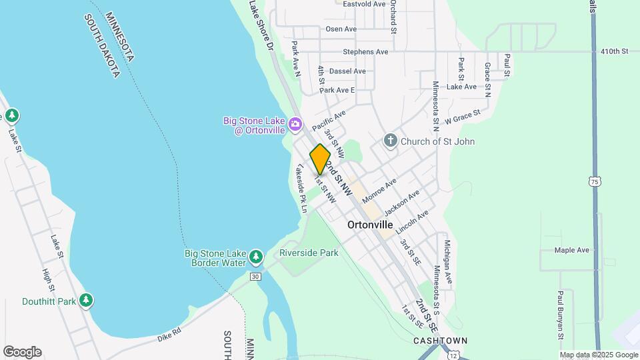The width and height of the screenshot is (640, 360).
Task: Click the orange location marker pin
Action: [320, 159]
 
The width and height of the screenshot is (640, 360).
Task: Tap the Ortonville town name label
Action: [370, 225]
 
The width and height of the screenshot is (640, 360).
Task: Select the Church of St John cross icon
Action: [391, 141]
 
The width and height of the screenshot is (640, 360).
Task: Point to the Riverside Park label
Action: [309, 253]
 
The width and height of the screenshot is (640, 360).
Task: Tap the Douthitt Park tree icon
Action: [85, 301]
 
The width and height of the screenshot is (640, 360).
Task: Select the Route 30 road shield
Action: [255, 276]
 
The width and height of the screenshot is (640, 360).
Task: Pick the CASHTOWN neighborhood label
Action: [440, 341]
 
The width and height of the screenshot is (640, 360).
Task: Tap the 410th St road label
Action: [614, 51]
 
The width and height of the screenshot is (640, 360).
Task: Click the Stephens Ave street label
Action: [365, 51]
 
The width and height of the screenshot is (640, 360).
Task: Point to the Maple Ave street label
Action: [572, 250]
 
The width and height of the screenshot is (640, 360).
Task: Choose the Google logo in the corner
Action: [22, 352]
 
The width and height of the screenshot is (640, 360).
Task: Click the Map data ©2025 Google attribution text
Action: [599, 355]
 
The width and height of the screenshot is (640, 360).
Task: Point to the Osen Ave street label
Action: [341, 29]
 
